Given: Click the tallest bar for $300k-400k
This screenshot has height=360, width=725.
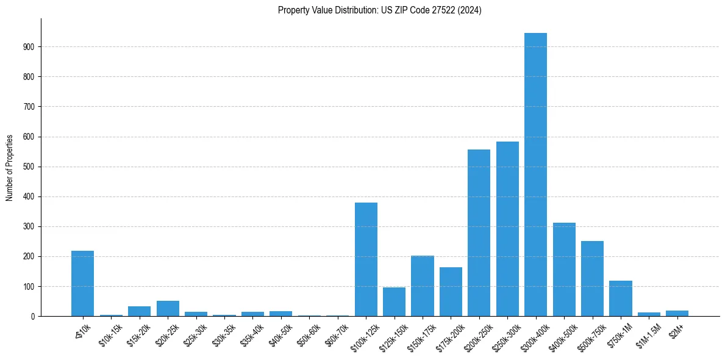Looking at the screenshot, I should [535, 175].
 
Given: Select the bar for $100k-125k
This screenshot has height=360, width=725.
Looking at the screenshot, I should [366, 259].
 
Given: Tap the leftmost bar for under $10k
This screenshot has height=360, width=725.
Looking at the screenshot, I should [82, 284].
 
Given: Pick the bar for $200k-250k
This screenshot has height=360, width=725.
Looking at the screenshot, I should [479, 233].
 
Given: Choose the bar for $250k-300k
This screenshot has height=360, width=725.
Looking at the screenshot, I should [507, 229].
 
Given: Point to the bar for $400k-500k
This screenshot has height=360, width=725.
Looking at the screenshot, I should [564, 270].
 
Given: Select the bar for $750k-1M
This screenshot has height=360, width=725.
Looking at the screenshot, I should [620, 298].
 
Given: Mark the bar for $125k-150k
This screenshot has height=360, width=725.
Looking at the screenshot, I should [394, 302].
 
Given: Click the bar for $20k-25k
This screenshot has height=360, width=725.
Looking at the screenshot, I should [168, 309].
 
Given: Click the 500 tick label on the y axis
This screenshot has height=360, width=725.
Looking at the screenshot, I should [30, 167].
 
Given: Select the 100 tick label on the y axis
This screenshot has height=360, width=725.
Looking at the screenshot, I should [30, 287].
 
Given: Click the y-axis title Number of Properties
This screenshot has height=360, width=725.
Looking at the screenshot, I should [9, 168].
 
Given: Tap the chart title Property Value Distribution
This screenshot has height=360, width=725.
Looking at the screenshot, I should [379, 10].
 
